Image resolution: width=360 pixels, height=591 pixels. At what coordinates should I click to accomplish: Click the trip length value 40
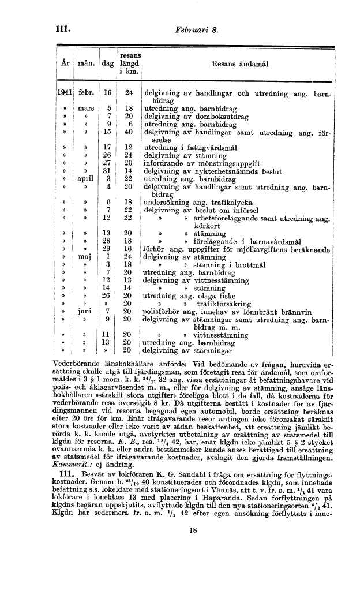[129, 132]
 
